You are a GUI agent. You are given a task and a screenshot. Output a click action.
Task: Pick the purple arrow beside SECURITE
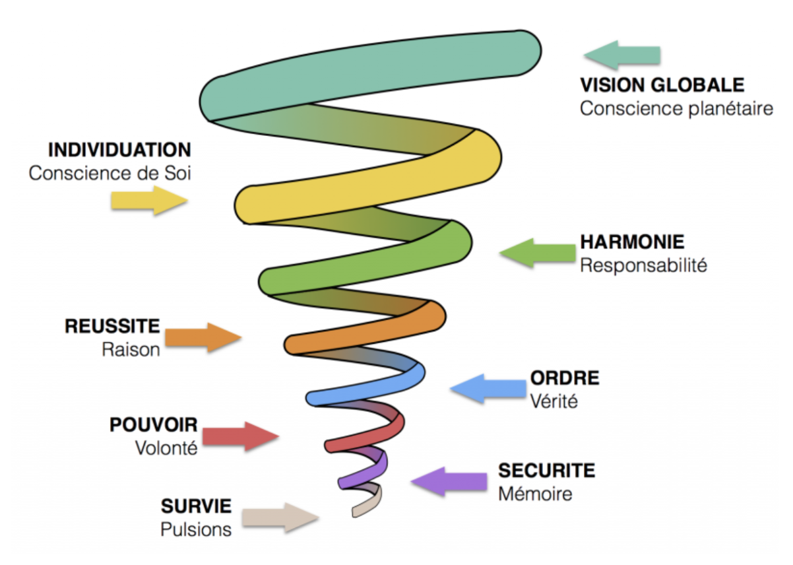pyautogui.click(x=449, y=481)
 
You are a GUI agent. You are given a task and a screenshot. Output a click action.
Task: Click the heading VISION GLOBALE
pyautogui.click(x=662, y=85)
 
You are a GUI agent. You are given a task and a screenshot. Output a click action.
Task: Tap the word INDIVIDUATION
pyautogui.click(x=119, y=149)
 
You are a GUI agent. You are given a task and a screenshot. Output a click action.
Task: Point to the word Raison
pyautogui.click(x=131, y=349)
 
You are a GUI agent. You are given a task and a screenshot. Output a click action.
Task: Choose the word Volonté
pyautogui.click(x=166, y=448)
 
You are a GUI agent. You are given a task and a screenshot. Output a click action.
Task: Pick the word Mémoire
pyautogui.click(x=535, y=494)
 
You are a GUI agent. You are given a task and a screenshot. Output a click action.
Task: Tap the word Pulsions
pyautogui.click(x=196, y=529)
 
